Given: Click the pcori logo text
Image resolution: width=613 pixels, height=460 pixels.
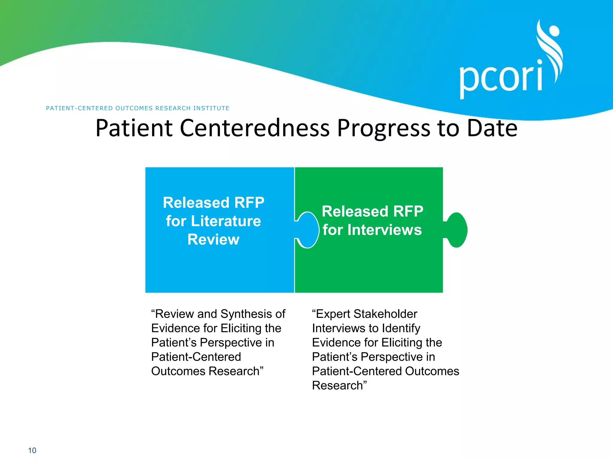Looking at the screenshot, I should point(501,78).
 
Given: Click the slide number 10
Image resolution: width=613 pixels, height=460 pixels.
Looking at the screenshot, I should point(32,450).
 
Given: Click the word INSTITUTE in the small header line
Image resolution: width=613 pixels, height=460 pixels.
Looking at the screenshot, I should point(211,108).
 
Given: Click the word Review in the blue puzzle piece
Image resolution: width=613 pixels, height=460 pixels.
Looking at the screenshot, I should point(213,239).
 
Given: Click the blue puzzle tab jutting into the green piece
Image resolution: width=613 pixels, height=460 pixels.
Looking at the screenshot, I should point(308,230).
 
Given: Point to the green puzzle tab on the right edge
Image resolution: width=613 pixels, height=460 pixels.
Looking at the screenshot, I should point(456,230).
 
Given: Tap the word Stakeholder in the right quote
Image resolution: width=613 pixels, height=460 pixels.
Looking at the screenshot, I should point(385,314).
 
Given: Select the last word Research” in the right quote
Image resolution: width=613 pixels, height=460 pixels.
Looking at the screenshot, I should point(339,385).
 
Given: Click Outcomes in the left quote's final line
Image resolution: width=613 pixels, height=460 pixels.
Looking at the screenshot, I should point(178,371).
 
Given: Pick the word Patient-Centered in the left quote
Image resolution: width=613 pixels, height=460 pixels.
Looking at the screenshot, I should point(196,357).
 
